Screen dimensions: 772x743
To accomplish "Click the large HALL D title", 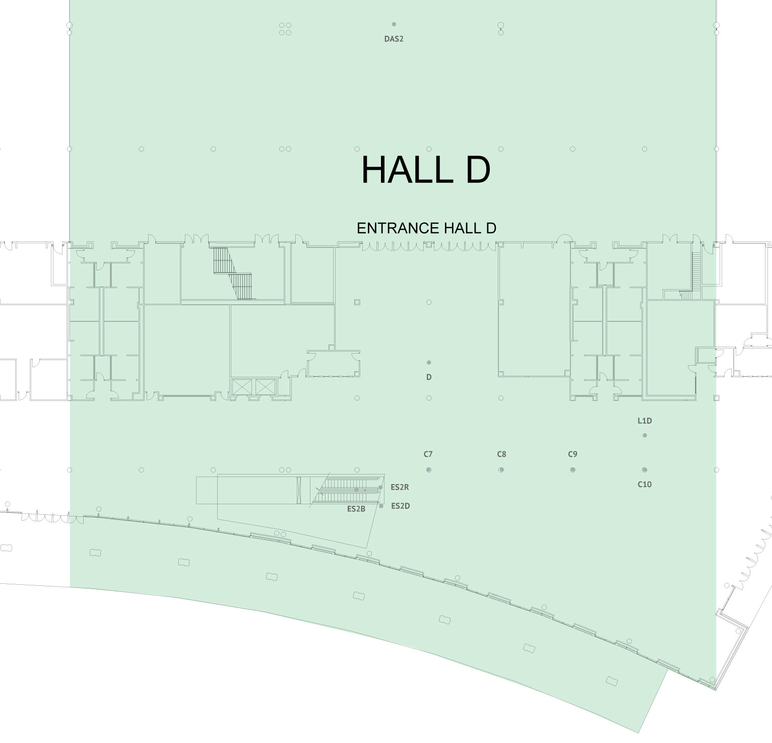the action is coord(426,170).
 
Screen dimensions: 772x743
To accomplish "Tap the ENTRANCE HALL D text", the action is coord(426,228).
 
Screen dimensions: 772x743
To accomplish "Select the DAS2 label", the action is coord(394,39).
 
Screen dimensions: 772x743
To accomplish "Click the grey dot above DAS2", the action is coord(394,24).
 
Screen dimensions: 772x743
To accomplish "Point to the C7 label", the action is coord(428,454).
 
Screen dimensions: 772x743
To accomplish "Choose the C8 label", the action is coord(501,454).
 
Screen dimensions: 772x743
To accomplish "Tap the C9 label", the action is coord(572,454).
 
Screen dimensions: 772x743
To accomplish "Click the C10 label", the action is coord(645,485).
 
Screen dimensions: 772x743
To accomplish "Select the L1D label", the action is coord(645,421).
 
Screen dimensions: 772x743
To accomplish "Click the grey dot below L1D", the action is coord(645,435).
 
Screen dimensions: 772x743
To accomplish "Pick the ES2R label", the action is coord(400,487).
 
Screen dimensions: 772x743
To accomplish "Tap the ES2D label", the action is coord(400,506).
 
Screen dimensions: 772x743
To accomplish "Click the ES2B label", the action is coord(356,509).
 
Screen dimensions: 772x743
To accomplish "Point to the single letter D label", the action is coord(429,377).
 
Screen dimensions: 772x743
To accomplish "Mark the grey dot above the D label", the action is coord(429,362).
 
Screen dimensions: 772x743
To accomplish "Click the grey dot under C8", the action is coord(501,470).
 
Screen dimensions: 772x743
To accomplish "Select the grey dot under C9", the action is coord(572,470).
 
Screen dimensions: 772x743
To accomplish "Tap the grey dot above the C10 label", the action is coord(645,470).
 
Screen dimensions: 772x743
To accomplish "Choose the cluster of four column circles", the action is coord(285,28).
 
